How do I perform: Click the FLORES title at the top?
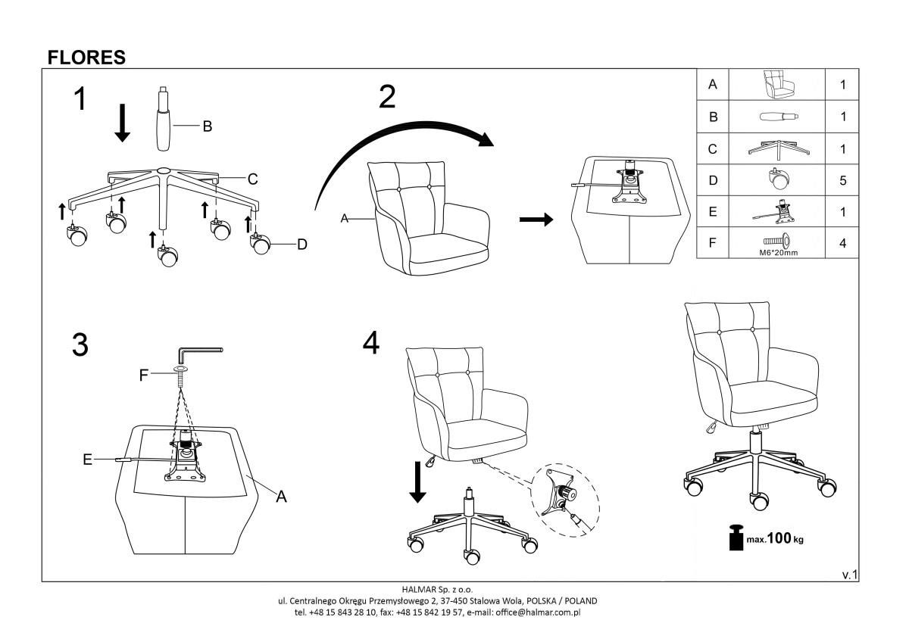pos(86,58)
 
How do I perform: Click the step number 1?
pos(80,101)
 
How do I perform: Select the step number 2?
pos(386,97)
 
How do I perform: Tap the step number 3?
pos(80,345)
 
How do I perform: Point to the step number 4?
pos(370,343)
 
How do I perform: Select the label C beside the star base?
pos(253,179)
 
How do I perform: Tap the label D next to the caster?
pos(301,244)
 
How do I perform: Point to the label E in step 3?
pos(87,459)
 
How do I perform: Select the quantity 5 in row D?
pos(842,181)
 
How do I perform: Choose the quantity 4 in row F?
pos(842,244)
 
